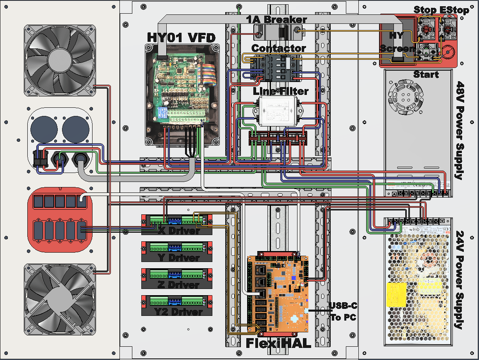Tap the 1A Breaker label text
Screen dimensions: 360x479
[x=276, y=19]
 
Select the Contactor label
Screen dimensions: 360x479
[x=278, y=48]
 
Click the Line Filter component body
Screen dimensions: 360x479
[x=278, y=111]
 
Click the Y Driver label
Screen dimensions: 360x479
[x=179, y=258]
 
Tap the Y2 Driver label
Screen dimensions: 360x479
[x=178, y=312]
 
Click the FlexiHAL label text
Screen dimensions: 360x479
[x=278, y=343]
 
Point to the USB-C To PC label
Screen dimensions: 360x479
[x=343, y=311]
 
